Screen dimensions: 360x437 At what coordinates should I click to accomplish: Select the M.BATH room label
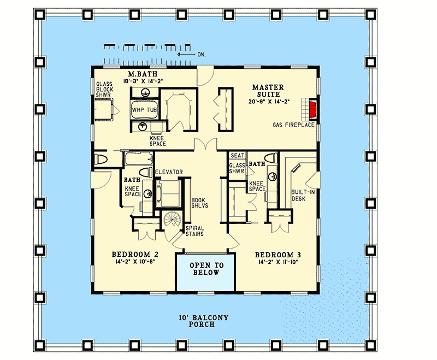140,74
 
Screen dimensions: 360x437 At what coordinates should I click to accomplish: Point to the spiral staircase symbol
173,221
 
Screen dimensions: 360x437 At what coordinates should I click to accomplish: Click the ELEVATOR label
169,172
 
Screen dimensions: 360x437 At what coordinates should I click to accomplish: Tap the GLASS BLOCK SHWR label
104,89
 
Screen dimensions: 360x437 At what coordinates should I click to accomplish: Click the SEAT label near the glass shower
237,156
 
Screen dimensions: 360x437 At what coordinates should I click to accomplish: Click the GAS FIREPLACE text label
294,125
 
